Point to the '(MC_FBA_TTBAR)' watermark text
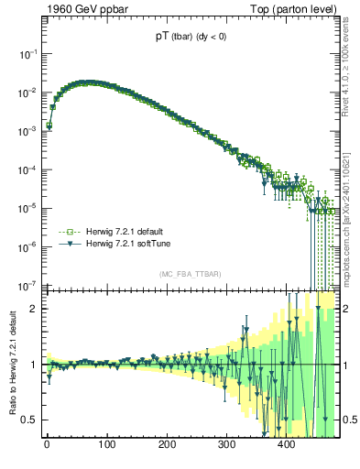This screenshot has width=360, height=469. pyautogui.click(x=190, y=274)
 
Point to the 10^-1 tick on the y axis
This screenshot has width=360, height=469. pyautogui.click(x=29, y=55)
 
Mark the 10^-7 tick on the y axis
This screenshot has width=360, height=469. pyautogui.click(x=29, y=284)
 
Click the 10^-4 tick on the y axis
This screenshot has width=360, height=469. pyautogui.click(x=29, y=169)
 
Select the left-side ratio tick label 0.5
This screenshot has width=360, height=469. pyautogui.click(x=32, y=420)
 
